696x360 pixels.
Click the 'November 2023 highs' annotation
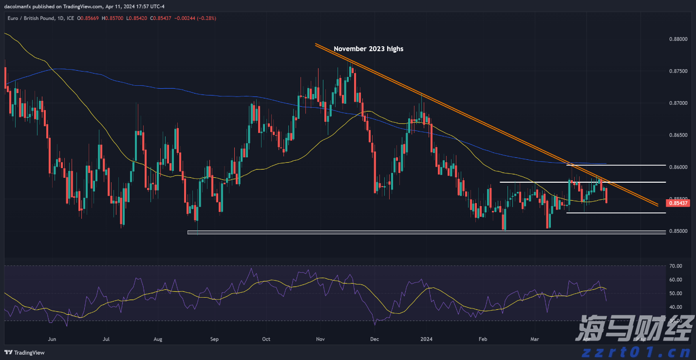[368, 49]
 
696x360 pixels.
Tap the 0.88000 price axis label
[675, 39]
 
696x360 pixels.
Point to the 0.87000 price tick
[675, 103]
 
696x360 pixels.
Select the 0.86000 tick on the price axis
[675, 167]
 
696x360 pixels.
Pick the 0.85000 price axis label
[675, 231]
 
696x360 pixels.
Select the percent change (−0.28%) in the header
[207, 18]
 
